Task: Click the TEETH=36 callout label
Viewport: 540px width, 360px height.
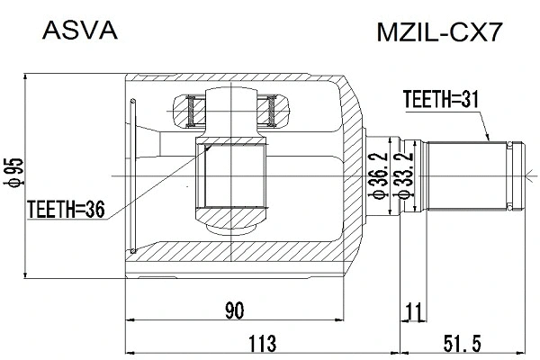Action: click(66, 210)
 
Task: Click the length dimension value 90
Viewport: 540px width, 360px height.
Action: click(234, 310)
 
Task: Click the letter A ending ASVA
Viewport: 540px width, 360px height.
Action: click(110, 32)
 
